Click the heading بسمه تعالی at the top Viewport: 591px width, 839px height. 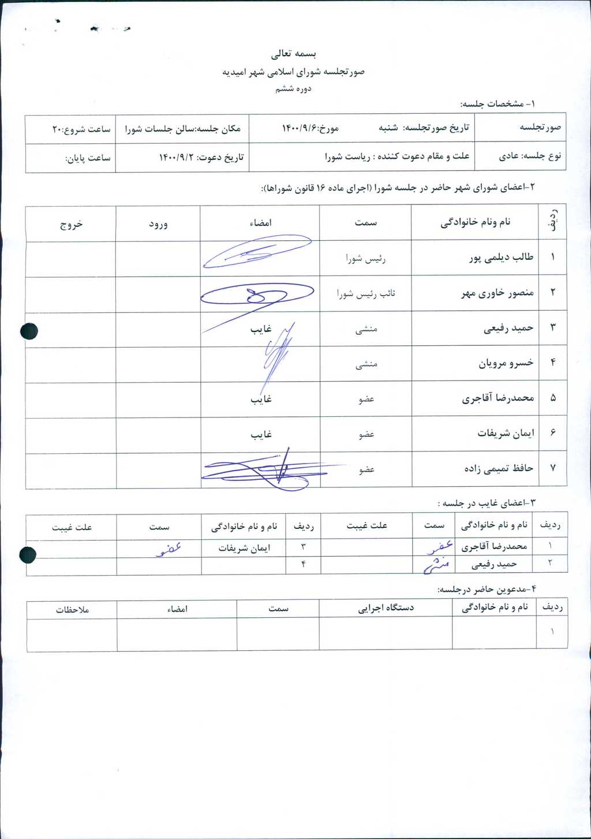click(294, 54)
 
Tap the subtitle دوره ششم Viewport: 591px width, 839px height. click(293, 89)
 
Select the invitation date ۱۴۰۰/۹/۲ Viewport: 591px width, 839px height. click(178, 157)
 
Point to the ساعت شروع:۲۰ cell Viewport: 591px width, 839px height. click(81, 129)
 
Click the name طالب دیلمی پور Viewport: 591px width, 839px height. click(501, 258)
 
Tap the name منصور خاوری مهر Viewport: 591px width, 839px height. click(497, 293)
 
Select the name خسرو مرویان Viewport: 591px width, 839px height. click(506, 363)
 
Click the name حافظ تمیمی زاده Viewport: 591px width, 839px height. click(499, 468)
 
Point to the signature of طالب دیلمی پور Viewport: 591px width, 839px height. click(257, 252)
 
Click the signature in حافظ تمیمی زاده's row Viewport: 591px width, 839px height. click(265, 471)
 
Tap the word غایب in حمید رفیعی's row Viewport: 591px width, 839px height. click(261, 329)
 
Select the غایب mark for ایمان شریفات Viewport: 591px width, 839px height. click(261, 434)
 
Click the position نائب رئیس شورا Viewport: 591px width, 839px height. click(366, 294)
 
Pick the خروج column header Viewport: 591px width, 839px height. click(71, 224)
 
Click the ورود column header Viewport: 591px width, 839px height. click(158, 224)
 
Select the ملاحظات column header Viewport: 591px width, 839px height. click(72, 609)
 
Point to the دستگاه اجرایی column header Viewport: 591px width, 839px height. click(386, 608)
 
